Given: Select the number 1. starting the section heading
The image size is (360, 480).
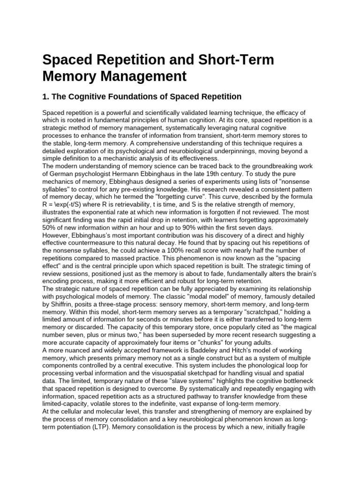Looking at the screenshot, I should (x=46, y=97).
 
